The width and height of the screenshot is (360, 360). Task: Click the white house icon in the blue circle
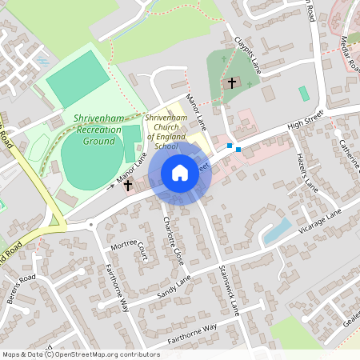point(180,173)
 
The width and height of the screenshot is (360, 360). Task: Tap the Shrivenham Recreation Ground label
point(98,129)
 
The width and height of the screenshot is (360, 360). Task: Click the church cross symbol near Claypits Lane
point(232,82)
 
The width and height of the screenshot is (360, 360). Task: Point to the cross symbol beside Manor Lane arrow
point(127,185)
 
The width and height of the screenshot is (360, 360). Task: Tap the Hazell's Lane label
point(307,167)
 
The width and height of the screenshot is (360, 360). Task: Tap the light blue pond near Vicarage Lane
point(277,231)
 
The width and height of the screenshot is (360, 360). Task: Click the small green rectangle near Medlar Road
point(304,93)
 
